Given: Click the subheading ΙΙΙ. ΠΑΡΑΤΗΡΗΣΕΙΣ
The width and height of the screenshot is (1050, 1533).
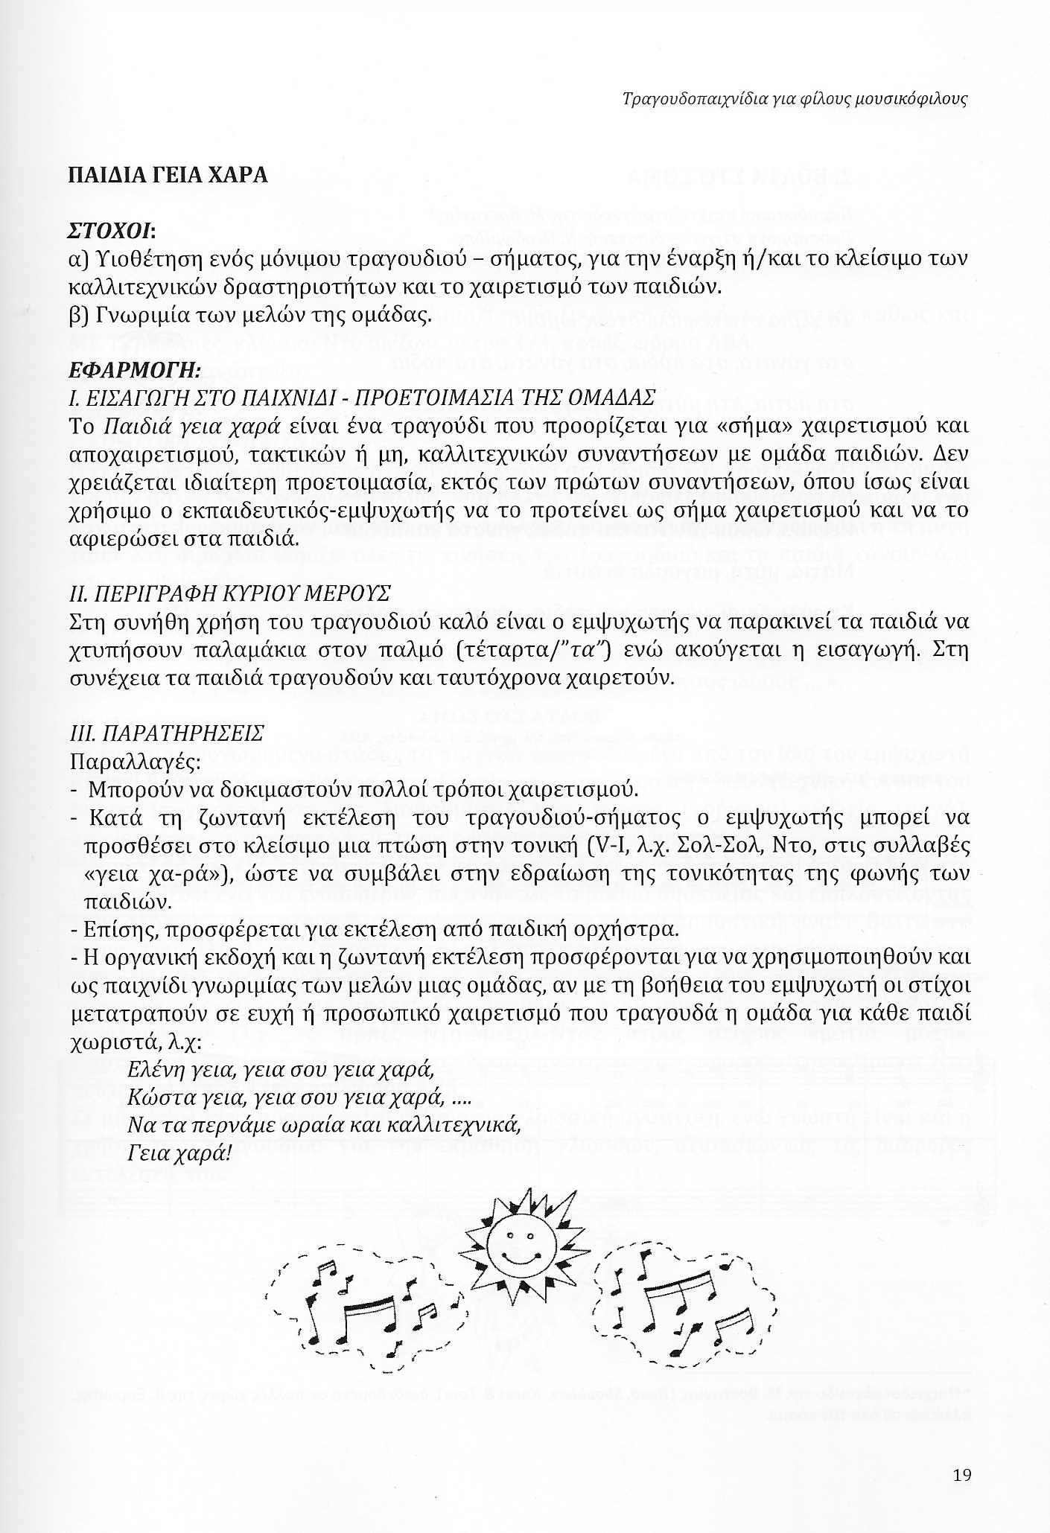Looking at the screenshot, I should [165, 733].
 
